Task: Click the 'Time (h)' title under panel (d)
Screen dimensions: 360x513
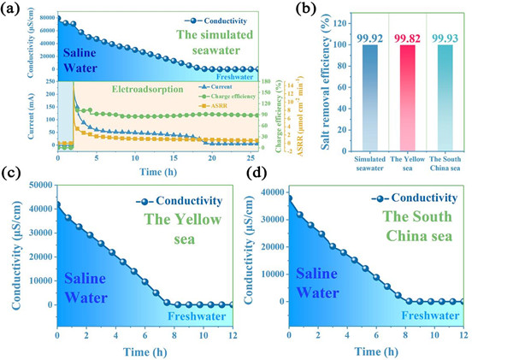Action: pyautogui.click(x=373, y=350)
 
